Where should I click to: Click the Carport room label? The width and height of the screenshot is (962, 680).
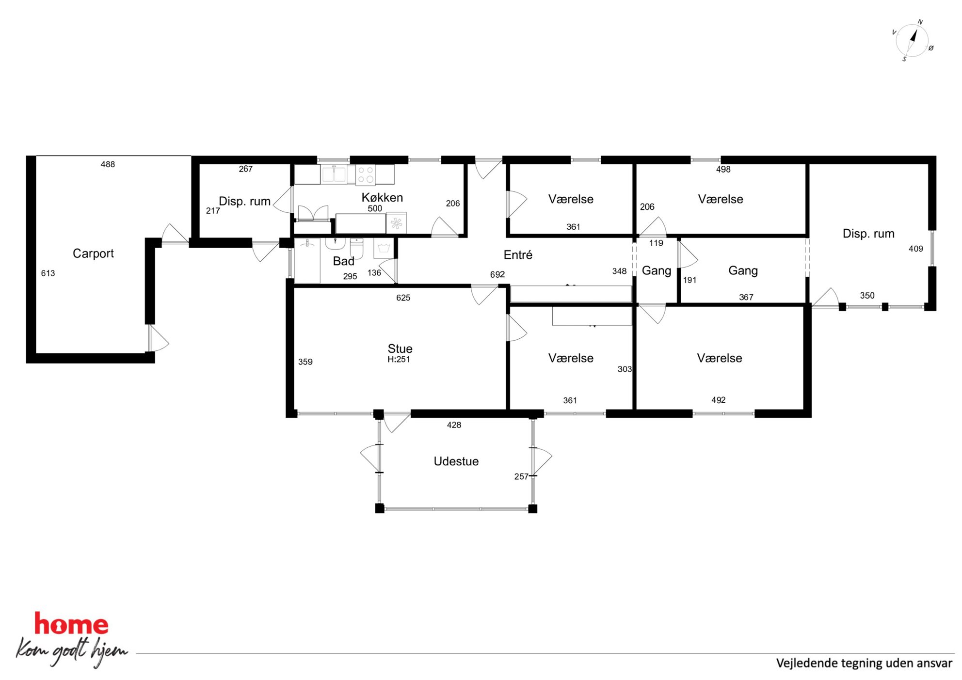click(93, 253)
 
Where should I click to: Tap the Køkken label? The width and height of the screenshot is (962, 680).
click(382, 197)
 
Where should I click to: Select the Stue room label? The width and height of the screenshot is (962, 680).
click(400, 348)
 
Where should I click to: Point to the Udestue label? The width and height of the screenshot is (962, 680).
click(456, 461)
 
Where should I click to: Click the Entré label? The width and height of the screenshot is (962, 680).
click(518, 254)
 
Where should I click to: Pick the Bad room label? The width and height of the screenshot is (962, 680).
click(343, 261)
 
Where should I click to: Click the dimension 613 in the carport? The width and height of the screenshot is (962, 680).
click(48, 273)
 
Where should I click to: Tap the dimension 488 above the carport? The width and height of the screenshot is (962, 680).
click(108, 164)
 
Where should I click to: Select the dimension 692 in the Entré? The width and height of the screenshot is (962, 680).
click(497, 274)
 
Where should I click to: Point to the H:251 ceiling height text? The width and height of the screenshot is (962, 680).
click(399, 360)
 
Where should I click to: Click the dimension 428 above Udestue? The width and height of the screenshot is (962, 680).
click(454, 425)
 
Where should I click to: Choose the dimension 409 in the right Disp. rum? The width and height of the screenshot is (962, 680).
click(915, 249)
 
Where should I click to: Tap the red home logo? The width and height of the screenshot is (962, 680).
click(71, 624)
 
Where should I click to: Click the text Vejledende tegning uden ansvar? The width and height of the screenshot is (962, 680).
click(864, 663)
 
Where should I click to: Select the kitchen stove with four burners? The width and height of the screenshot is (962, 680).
click(366, 175)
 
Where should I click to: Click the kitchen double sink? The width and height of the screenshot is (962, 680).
click(334, 174)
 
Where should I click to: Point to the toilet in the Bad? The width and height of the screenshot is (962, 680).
click(356, 248)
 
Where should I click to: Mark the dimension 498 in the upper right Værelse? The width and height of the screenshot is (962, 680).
click(723, 169)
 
